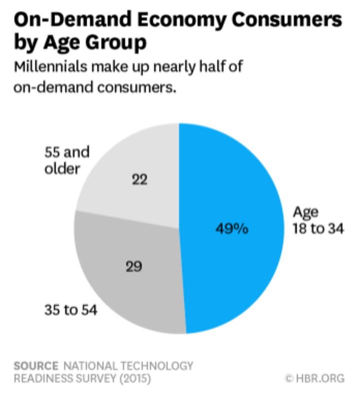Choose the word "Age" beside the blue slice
(x=305, y=212)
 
